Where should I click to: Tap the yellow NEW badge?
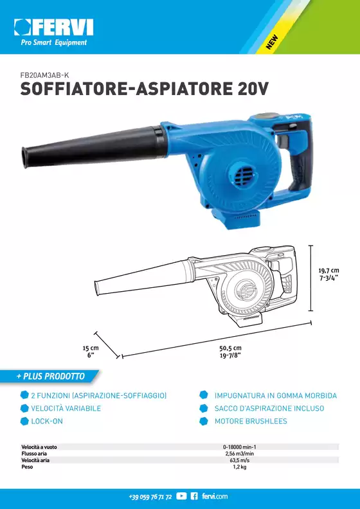(x=272, y=42)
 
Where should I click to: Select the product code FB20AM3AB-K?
(x=44, y=75)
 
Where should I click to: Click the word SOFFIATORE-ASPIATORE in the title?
(x=126, y=89)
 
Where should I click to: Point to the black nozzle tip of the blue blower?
(x=25, y=157)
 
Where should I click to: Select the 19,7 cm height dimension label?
(x=328, y=274)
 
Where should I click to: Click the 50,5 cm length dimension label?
(x=230, y=352)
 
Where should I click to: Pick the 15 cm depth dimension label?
(x=91, y=352)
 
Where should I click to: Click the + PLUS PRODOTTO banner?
(x=50, y=376)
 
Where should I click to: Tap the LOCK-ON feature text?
(x=47, y=422)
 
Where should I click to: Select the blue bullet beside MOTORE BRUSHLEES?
(x=204, y=421)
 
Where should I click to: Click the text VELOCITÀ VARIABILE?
(x=66, y=408)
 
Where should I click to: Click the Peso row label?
(x=27, y=467)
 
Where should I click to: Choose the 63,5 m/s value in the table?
(x=240, y=460)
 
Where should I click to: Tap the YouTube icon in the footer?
(x=181, y=496)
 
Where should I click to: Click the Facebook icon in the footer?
(x=194, y=496)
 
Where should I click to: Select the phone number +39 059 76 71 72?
(x=150, y=497)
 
